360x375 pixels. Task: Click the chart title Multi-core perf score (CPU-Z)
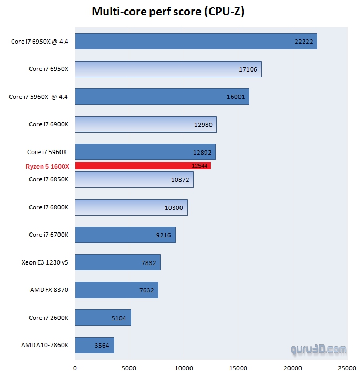168,12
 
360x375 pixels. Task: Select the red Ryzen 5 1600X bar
143,166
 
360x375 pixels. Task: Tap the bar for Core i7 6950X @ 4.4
196,42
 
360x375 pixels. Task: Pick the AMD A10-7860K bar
94,346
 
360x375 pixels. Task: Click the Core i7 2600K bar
103,318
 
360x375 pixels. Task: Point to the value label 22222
304,42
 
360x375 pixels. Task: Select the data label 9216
163,235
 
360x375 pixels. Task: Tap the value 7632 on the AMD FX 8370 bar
146,290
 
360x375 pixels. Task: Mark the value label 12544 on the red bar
201,166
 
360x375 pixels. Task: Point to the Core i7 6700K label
49,235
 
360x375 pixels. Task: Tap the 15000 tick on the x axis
238,368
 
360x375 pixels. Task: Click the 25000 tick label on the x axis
347,368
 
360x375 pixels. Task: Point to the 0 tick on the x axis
75,368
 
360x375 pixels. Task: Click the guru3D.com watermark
319,349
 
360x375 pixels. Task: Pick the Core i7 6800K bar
131,207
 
